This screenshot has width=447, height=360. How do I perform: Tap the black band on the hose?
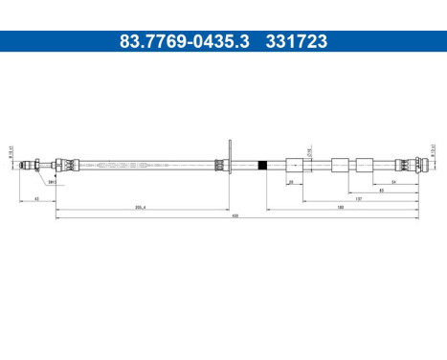click(x=261, y=166)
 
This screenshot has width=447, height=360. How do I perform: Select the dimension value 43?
click(x=36, y=199)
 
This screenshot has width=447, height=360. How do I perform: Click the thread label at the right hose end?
click(x=432, y=150)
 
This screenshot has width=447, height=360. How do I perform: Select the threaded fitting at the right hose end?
click(x=413, y=166)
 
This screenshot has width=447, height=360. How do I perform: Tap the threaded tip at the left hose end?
click(x=26, y=166)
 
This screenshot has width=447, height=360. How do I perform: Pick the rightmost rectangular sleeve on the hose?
click(x=364, y=166)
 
